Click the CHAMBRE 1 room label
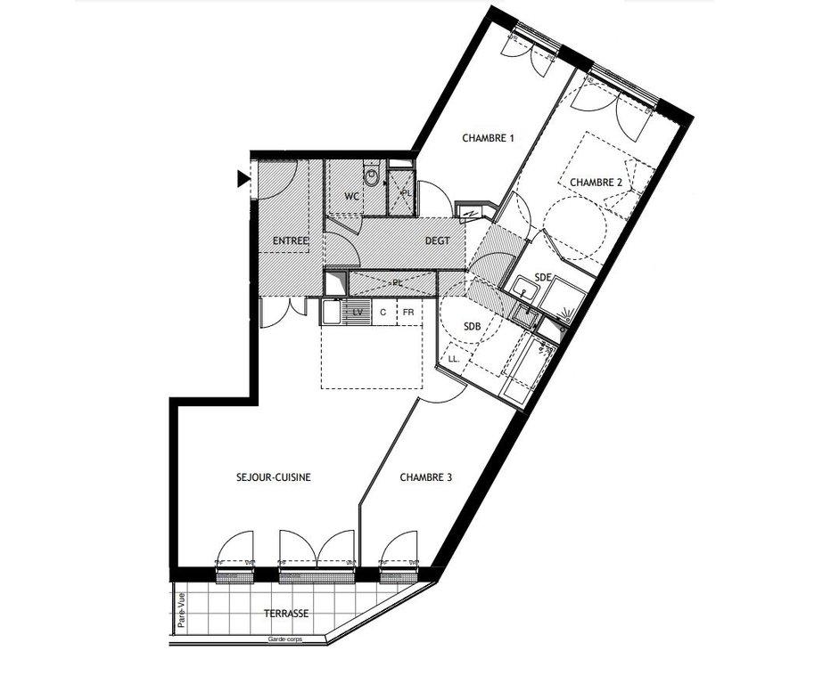coord(488,138)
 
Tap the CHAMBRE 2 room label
coord(597,183)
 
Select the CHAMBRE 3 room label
coord(426,477)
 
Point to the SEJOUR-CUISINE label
coord(274,477)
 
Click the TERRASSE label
coord(286,614)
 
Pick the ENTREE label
coord(291,240)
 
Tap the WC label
coord(352,197)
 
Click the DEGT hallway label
coord(438,240)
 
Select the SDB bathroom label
coord(473,327)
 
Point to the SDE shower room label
coord(543,277)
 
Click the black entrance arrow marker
coord(243,180)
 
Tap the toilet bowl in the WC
coord(372,176)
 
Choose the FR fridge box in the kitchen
coord(408,313)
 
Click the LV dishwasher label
coord(358,313)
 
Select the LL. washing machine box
coord(453,358)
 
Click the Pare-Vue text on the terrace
coord(182,610)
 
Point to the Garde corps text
coord(285,639)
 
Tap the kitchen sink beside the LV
coord(332,312)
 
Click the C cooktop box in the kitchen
coord(383,313)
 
